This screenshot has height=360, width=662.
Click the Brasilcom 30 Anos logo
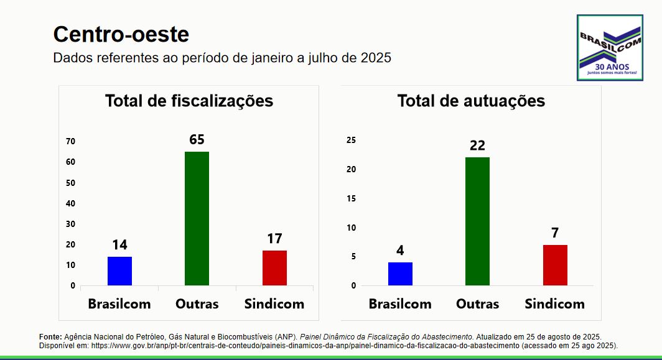[x=609, y=48]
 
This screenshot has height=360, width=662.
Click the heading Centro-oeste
[x=121, y=35]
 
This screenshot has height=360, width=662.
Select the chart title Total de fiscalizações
[x=189, y=101]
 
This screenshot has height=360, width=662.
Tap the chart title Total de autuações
[x=471, y=101]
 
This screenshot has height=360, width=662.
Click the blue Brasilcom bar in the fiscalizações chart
[x=119, y=271]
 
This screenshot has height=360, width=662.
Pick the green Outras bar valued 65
[x=197, y=218]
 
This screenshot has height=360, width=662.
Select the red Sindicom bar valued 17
[x=274, y=268]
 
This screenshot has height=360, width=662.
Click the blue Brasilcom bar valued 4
[x=400, y=274]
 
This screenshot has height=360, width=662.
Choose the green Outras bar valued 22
[x=477, y=221]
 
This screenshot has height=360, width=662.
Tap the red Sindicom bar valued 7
[x=555, y=265]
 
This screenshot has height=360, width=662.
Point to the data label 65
[x=197, y=140]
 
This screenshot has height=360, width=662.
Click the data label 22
[x=477, y=145]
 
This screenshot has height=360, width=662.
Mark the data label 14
[x=119, y=245]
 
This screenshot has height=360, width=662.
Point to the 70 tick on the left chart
[x=71, y=142]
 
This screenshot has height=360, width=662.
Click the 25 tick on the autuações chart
[x=352, y=141]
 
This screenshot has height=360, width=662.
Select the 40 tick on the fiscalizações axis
[x=71, y=203]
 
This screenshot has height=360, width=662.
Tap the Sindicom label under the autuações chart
[x=554, y=304]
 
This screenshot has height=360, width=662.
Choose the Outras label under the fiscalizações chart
[x=197, y=304]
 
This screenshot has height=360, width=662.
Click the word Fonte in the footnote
[x=50, y=336]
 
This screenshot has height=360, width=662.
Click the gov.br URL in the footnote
[x=305, y=345]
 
